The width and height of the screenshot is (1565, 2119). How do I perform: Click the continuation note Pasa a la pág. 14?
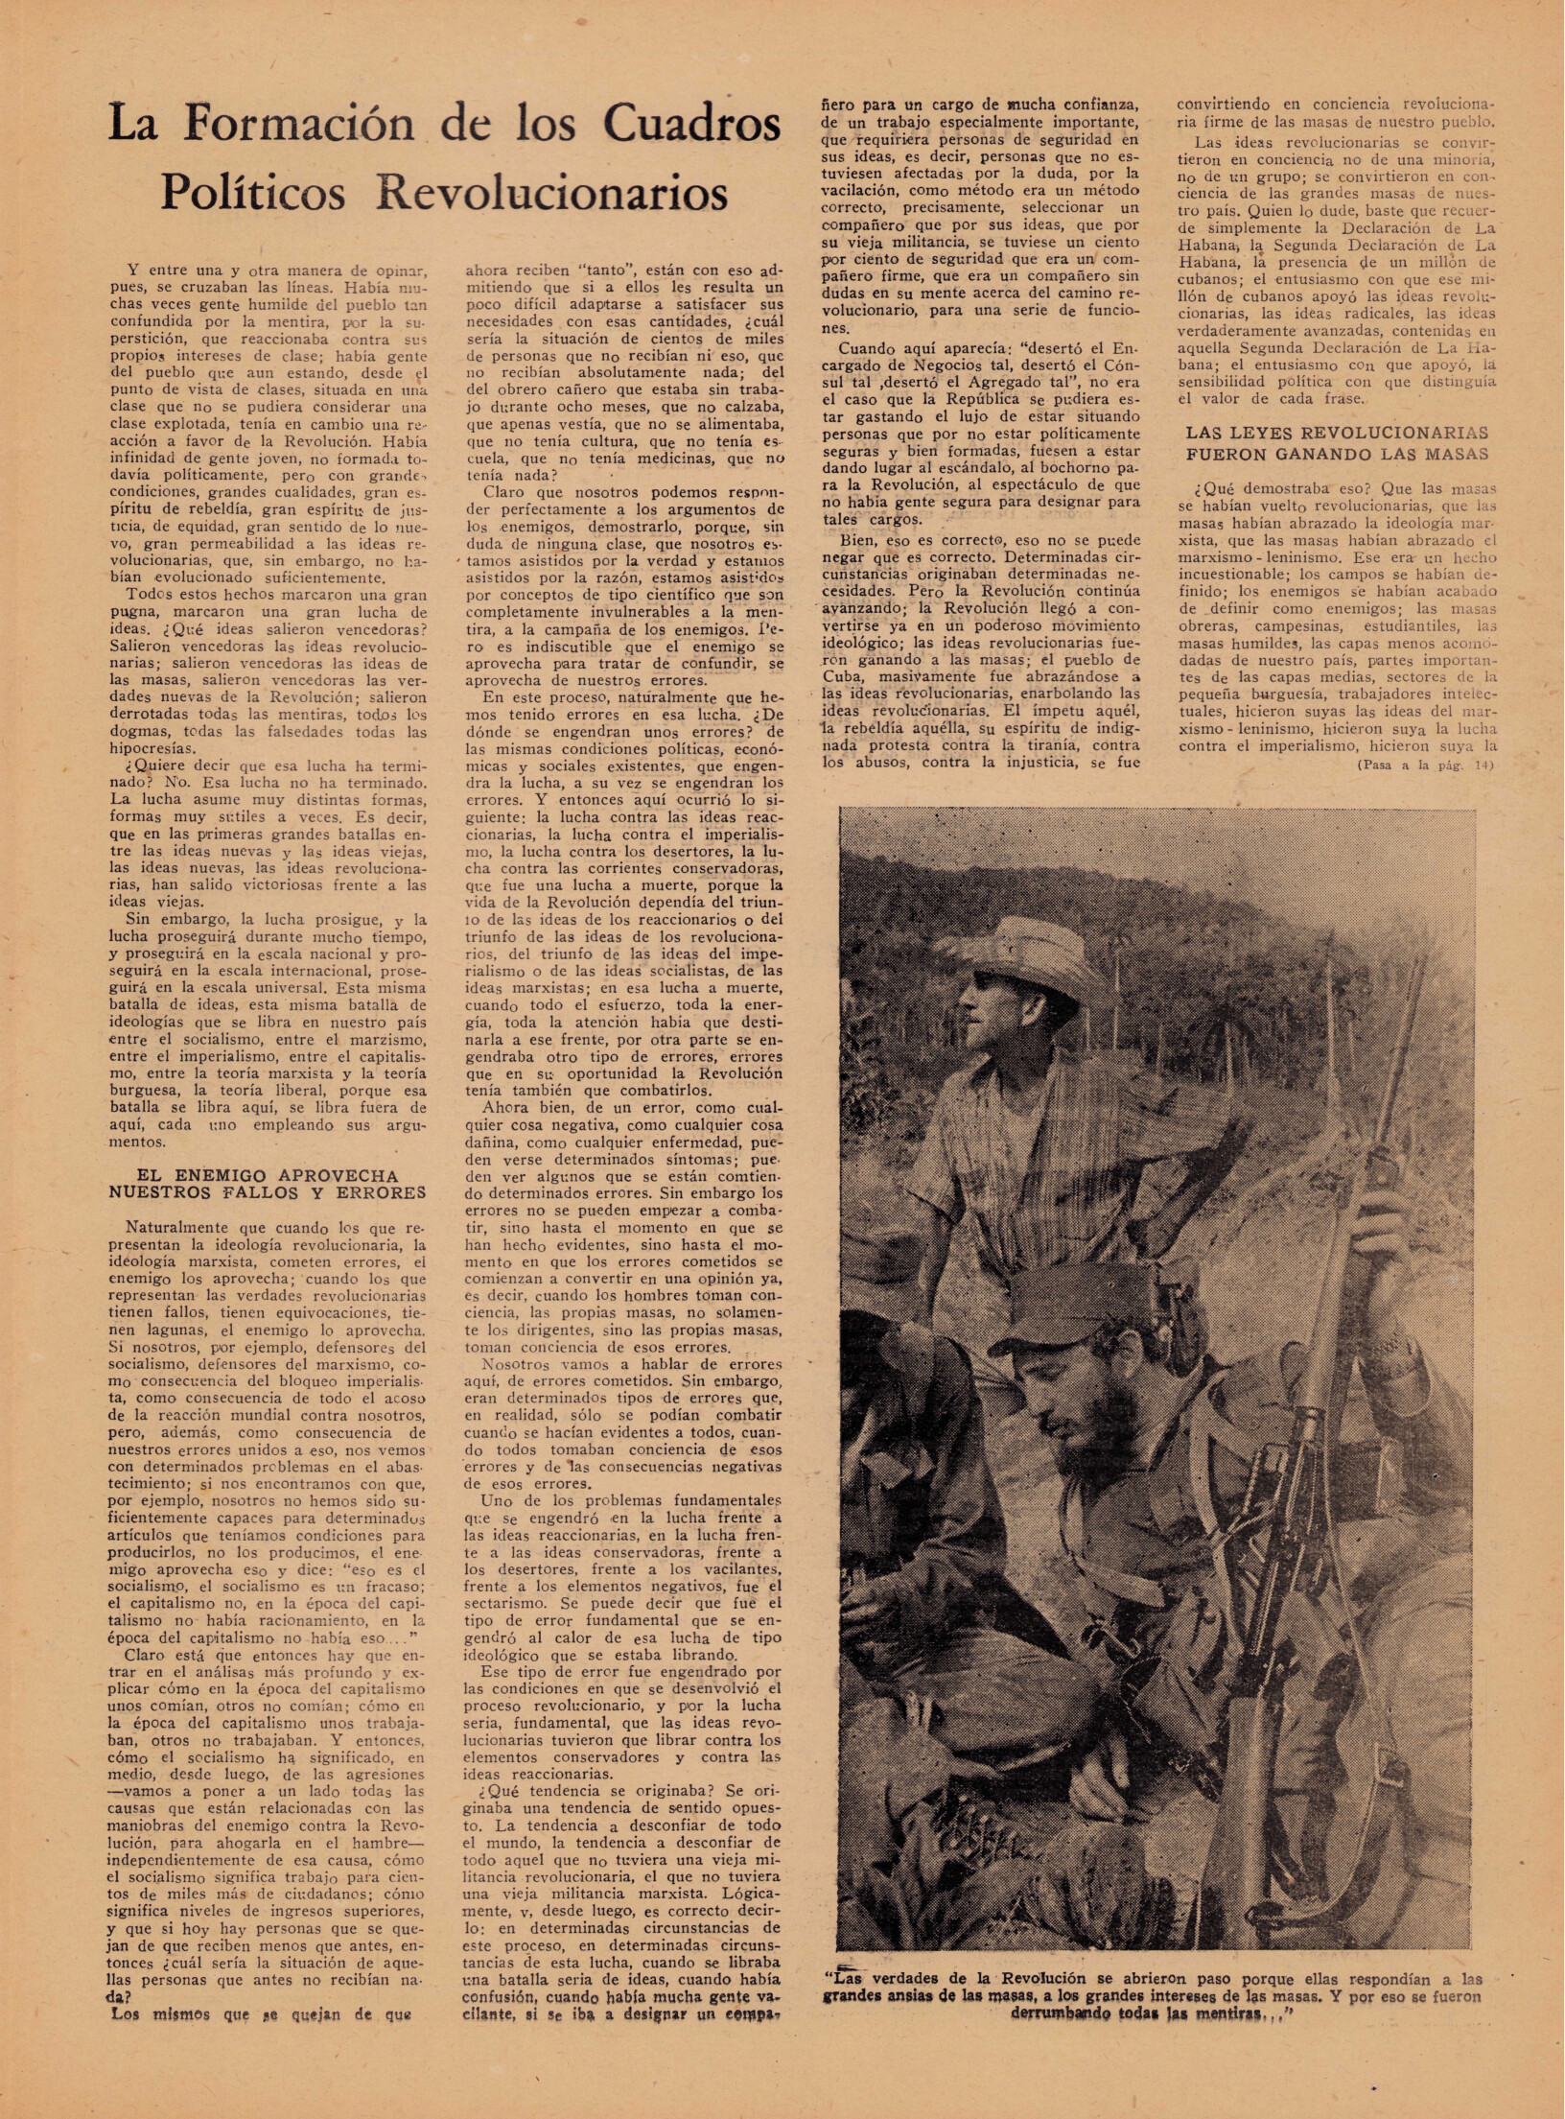tap(1425, 765)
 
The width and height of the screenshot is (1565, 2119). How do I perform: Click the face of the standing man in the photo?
tap(992, 1003)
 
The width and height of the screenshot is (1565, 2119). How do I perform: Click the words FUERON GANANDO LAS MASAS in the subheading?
tap(1337, 455)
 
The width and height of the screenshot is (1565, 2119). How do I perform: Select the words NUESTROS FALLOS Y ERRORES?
tap(269, 1193)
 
